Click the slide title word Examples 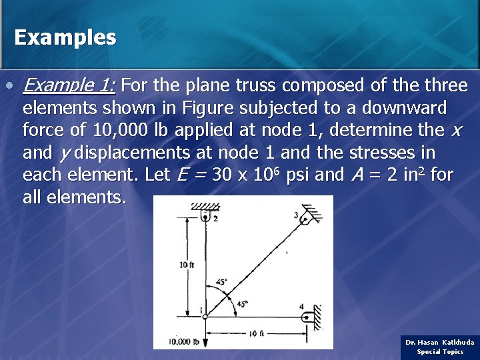coord(65,37)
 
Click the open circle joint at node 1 coord(205,316)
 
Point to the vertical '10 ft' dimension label coord(187,265)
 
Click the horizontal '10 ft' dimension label coord(256,333)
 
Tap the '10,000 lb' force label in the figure coord(184,342)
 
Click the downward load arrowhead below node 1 coord(205,343)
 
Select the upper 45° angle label coord(221,281)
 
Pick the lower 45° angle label coord(242,303)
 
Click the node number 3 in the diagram coord(296,215)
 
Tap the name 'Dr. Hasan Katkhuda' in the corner coord(440,342)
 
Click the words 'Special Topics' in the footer coord(440,352)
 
